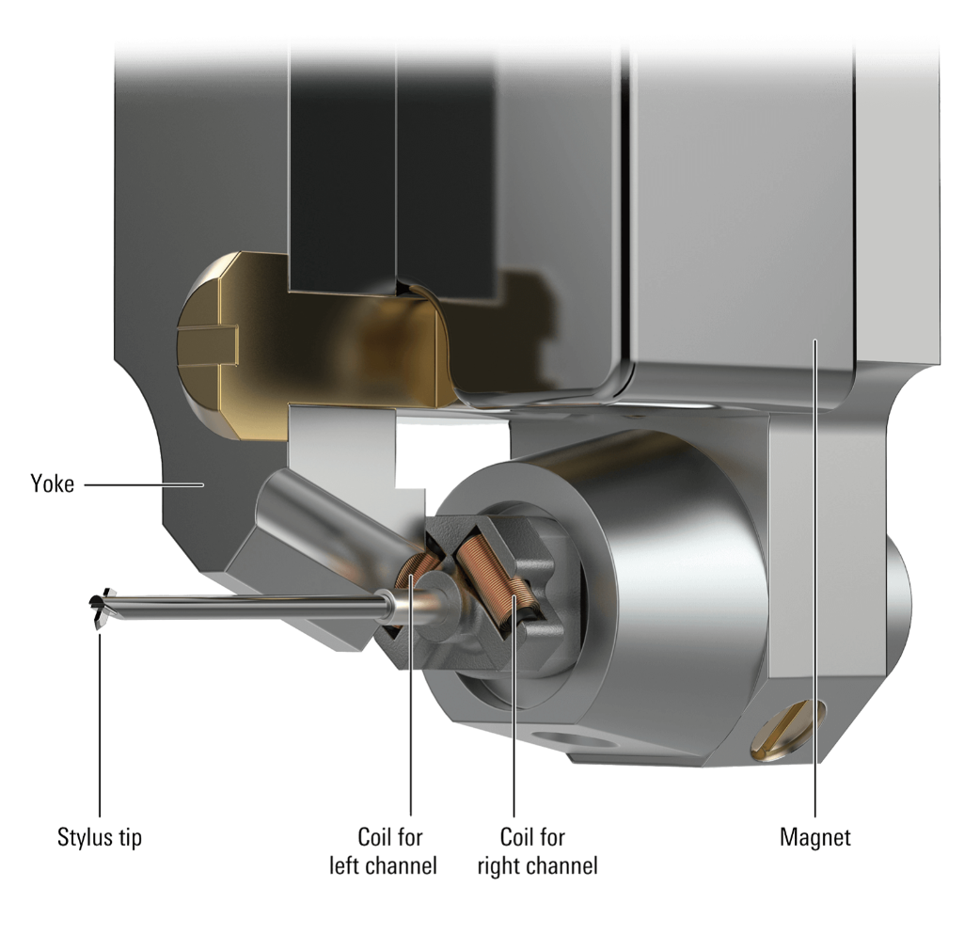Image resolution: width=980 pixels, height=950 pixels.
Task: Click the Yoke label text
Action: tap(52, 485)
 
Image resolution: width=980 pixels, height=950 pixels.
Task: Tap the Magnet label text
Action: tap(814, 836)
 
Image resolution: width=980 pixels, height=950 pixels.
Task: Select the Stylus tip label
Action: tap(100, 837)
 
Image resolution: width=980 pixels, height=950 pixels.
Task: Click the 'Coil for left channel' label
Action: tap(383, 850)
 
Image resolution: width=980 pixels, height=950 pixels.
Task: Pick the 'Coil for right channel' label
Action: tap(536, 850)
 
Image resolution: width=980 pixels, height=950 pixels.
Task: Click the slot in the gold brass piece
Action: tap(208, 333)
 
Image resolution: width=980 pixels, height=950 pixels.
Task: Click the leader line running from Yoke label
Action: tap(141, 485)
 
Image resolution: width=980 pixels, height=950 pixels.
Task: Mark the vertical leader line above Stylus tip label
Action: tap(100, 724)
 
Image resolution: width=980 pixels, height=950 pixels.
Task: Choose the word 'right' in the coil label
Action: tap(499, 864)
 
